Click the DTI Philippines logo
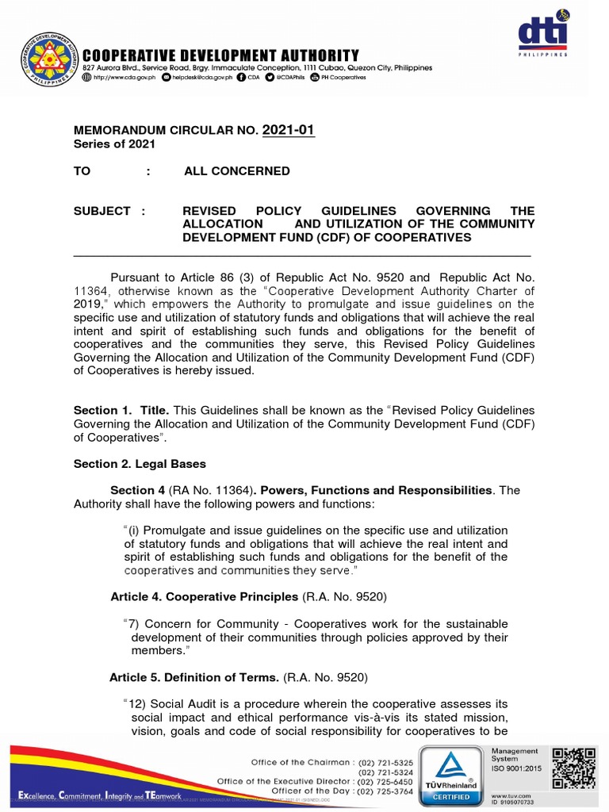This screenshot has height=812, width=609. [543, 34]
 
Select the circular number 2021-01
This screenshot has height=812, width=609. [289, 130]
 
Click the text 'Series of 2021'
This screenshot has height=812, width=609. [114, 144]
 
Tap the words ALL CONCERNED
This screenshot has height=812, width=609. [237, 171]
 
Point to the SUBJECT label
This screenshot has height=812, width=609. [102, 211]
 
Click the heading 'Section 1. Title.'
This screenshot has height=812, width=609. [121, 410]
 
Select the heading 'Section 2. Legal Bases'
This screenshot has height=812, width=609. [140, 463]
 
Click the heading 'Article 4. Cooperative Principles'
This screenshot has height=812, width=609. [205, 596]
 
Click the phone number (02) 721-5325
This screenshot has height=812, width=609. [385, 762]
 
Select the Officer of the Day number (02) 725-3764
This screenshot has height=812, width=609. [385, 791]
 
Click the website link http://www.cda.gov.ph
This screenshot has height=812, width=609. [119, 79]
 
